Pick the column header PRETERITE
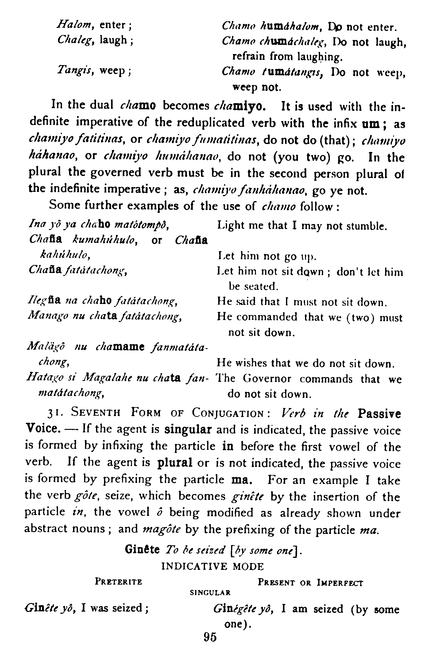tap(118, 582)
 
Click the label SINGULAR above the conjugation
tap(210, 592)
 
